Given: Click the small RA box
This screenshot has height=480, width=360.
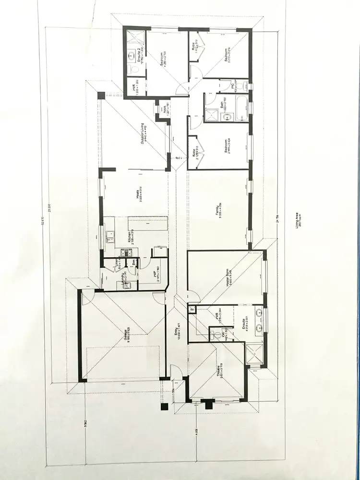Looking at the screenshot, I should point(192,310).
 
